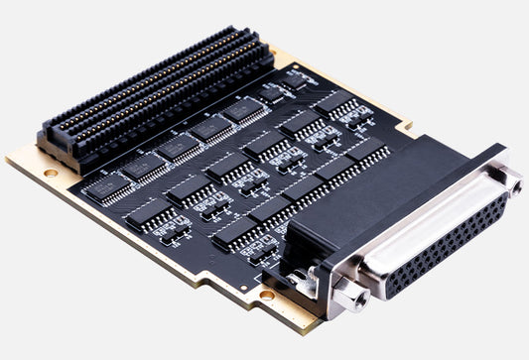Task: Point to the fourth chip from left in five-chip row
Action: [x=210, y=128]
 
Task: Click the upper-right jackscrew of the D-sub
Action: [x=511, y=179]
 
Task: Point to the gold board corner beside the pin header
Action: [x=22, y=159]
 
